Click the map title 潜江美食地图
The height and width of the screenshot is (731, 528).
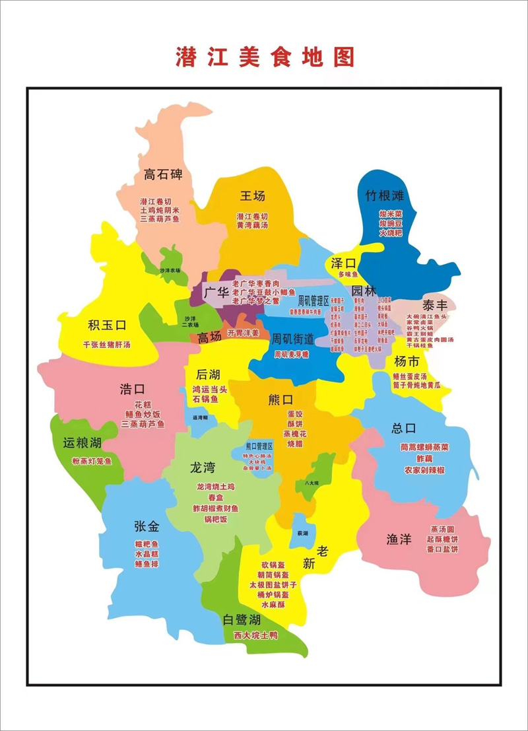point(264,57)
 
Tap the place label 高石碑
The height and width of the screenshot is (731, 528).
point(163,175)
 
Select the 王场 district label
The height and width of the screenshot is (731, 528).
point(252,196)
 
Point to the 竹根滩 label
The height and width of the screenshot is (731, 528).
point(389,195)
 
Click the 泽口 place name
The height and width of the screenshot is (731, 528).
point(344,262)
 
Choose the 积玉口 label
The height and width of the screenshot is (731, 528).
point(106,325)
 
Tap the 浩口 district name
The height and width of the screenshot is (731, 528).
point(131,388)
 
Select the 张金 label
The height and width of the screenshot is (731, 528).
point(146,526)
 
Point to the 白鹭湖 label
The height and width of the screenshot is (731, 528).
point(242,619)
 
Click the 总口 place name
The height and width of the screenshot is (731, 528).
point(404,428)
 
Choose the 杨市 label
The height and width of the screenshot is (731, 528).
point(407,361)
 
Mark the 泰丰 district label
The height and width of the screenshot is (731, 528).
point(436,305)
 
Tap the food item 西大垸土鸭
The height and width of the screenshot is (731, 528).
point(255,635)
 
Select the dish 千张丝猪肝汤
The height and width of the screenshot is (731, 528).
point(106,345)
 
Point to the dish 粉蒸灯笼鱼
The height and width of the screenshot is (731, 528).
point(92,461)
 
